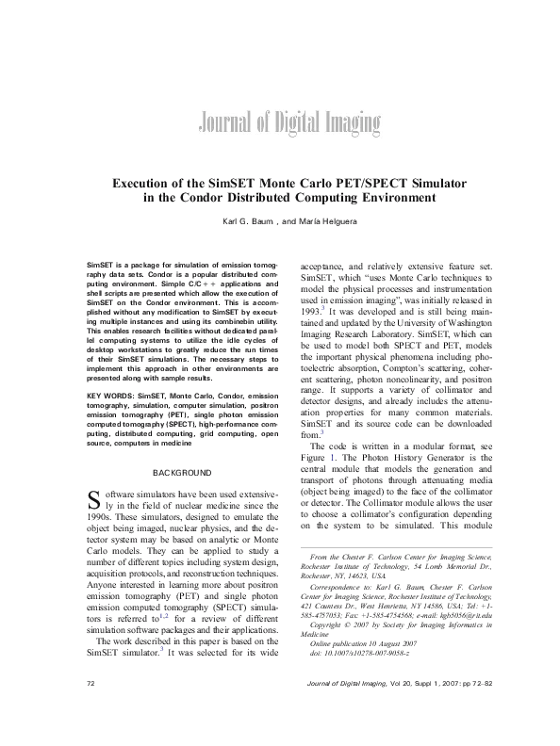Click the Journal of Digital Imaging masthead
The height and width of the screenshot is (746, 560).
pyautogui.click(x=280, y=121)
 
